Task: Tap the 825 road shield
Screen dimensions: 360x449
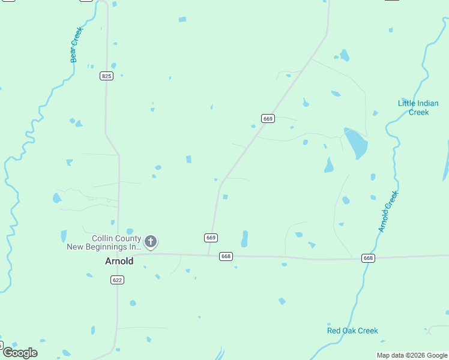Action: click(x=106, y=76)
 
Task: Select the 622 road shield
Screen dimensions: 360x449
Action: click(x=117, y=280)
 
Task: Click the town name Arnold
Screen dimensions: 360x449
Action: click(x=119, y=261)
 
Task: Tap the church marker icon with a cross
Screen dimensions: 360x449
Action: click(x=151, y=242)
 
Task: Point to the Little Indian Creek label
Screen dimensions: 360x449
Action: click(x=418, y=107)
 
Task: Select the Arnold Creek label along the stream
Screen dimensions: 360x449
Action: click(x=388, y=212)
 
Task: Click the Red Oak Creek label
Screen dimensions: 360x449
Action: click(x=352, y=331)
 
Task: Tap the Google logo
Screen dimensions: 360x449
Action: click(x=19, y=353)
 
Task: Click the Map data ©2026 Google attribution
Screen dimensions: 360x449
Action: click(x=412, y=355)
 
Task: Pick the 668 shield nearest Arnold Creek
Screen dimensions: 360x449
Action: click(x=369, y=258)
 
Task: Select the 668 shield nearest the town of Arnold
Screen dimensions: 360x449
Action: click(x=226, y=256)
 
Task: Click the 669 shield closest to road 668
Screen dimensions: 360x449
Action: click(x=211, y=238)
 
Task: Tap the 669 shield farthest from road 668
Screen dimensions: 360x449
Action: click(x=268, y=119)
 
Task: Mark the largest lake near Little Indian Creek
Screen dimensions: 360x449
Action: click(x=356, y=143)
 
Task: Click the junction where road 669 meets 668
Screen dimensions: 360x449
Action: click(x=208, y=255)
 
